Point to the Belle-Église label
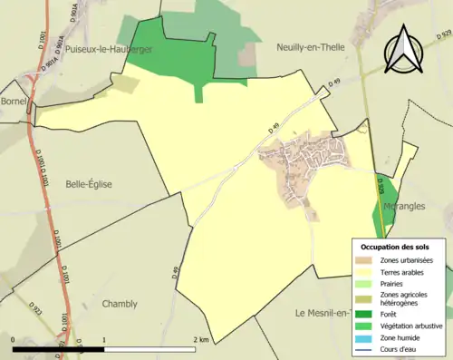click(x=89, y=184)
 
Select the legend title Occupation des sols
click(x=395, y=246)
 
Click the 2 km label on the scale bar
click(x=203, y=339)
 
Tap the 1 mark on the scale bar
click(x=104, y=339)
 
